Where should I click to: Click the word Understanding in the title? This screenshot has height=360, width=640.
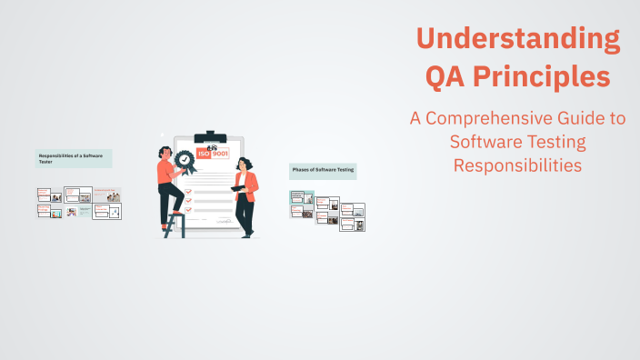(x=518, y=39)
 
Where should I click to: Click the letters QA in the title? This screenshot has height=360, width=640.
(x=446, y=77)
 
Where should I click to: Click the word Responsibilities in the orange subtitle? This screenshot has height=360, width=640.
(x=517, y=165)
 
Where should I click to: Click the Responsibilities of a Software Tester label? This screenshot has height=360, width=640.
(x=73, y=158)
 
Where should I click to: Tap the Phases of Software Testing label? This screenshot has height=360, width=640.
(x=323, y=170)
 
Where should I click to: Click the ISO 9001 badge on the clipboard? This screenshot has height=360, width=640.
(x=214, y=155)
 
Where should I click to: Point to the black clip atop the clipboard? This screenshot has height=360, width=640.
(x=211, y=137)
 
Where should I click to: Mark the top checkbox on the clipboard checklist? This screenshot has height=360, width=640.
(x=188, y=180)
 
